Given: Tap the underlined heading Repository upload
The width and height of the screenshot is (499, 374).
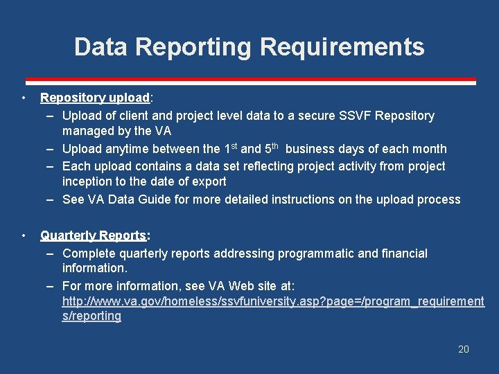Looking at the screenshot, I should tap(95, 98).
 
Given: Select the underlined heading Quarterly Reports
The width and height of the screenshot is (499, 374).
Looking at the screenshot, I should tap(93, 235).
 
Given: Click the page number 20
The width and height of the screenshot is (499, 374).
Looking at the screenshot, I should tap(464, 349).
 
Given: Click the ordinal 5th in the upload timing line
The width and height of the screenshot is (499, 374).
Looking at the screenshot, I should tap(271, 148).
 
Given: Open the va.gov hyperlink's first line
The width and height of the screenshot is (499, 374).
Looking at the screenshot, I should tap(273, 301).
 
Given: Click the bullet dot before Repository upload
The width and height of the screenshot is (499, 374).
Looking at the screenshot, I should tap(24, 98).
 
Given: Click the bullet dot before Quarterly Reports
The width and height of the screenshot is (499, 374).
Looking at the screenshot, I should tap(24, 235).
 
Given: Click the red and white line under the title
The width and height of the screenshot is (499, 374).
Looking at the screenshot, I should tap(250, 80).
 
